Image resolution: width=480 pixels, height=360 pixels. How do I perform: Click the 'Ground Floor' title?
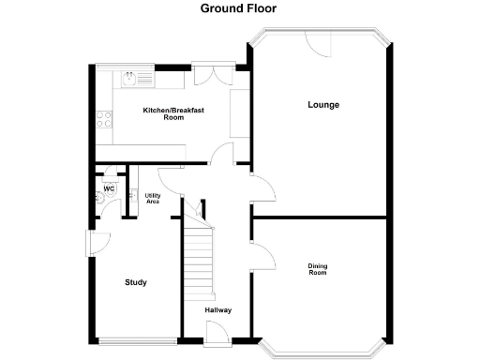coord(238,8)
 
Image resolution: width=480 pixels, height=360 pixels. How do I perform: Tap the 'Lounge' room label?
coord(323,104)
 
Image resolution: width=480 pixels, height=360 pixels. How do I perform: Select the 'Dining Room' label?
coord(318,269)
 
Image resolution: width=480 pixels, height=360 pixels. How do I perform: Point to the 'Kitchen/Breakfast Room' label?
coord(173,113)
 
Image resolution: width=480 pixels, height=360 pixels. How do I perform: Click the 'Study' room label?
coord(136,282)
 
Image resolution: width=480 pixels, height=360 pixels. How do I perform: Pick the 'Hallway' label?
coord(218,309)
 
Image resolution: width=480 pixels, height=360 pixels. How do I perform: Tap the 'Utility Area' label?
coord(152,199)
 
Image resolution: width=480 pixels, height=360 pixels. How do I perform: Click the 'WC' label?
coord(109,188)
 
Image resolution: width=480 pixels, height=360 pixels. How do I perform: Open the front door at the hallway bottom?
coord(214,330)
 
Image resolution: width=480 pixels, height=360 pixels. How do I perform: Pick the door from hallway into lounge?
coord(262,188)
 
